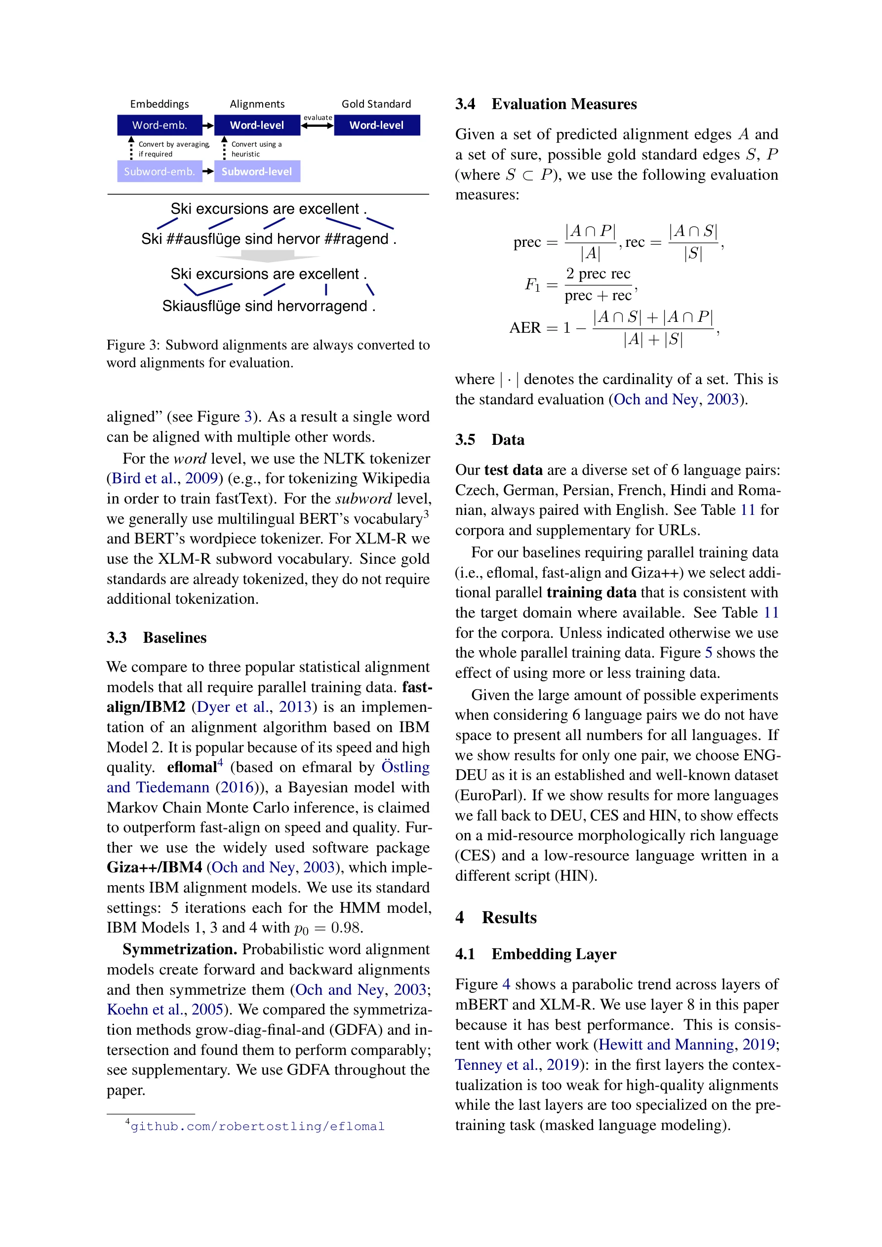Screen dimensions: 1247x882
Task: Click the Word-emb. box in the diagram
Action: (159, 125)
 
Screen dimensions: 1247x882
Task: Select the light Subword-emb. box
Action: (159, 172)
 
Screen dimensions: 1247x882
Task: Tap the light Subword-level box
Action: (256, 172)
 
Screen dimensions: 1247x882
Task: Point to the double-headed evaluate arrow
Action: (318, 125)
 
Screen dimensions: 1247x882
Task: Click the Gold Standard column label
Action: (376, 104)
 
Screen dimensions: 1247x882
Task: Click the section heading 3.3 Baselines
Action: (157, 638)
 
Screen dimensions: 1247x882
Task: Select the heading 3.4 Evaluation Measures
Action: (546, 104)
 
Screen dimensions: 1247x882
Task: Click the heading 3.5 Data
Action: (489, 439)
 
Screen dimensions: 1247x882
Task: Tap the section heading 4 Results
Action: (496, 917)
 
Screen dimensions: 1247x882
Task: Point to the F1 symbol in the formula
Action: (532, 284)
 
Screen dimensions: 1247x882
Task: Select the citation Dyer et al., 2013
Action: (254, 707)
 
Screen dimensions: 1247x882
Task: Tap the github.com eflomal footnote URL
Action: (257, 1127)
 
